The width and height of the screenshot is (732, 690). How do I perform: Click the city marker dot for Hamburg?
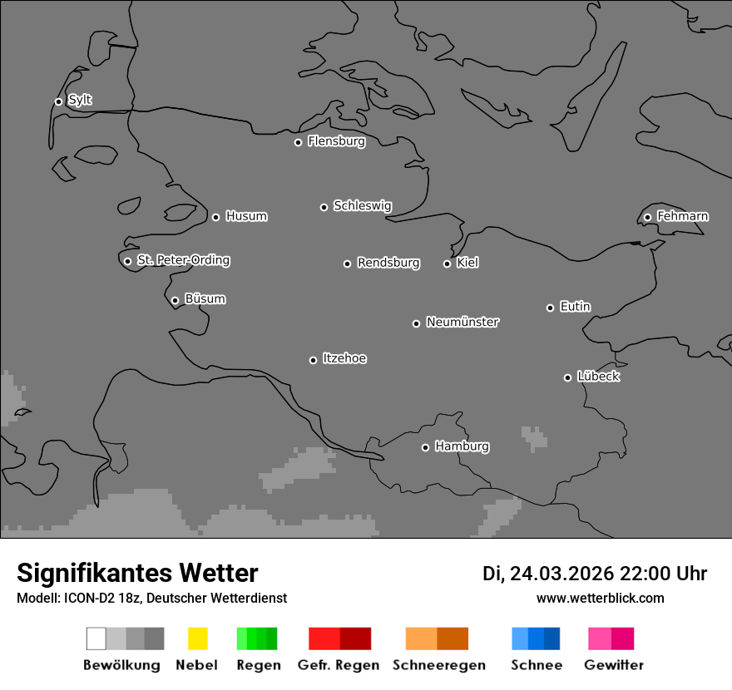[425, 447]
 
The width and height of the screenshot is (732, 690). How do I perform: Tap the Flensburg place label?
[336, 141]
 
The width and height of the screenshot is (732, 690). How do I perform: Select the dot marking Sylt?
[58, 101]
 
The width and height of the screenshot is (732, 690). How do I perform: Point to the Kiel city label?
[467, 263]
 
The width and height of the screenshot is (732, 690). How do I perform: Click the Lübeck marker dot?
[567, 377]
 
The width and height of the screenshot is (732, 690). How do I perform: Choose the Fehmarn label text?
[682, 216]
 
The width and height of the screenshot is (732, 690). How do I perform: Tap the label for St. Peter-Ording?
[183, 260]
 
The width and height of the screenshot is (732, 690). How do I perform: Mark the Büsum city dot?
[175, 300]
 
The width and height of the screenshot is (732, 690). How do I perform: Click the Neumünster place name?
[462, 322]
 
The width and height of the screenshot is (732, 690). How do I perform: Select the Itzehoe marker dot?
[313, 360]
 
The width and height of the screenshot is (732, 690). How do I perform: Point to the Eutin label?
[575, 307]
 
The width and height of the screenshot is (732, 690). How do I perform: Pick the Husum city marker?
[215, 217]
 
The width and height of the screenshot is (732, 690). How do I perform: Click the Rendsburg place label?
[388, 263]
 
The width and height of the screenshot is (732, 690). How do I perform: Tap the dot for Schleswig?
[324, 207]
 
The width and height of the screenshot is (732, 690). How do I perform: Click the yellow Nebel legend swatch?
[197, 638]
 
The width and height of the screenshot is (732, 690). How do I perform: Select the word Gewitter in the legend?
[613, 665]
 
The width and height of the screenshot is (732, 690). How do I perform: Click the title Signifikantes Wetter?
[137, 573]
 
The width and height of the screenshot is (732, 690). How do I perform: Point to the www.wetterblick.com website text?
[600, 598]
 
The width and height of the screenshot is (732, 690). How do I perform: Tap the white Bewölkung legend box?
[96, 638]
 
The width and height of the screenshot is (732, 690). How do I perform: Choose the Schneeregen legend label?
[438, 665]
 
